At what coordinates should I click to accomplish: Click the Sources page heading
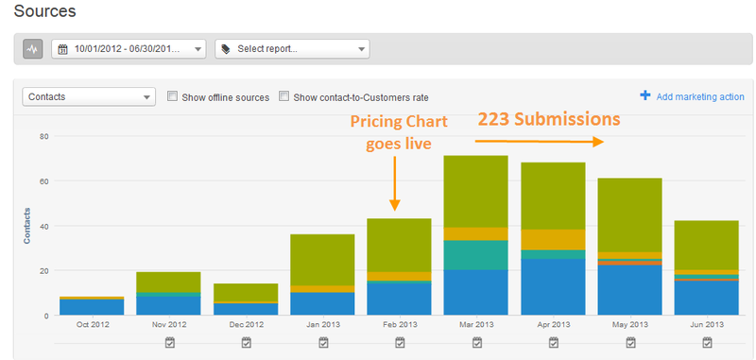[x=45, y=12]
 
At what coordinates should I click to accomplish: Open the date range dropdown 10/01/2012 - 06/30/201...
[x=129, y=49]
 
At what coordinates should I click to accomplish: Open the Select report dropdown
[x=292, y=49]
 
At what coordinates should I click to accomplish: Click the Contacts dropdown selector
[x=90, y=96]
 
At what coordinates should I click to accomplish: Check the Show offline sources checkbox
[x=172, y=96]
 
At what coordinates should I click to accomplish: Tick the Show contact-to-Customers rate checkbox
[x=283, y=96]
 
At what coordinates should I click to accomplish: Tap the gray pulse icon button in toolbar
[x=33, y=49]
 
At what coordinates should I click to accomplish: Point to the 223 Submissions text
[x=548, y=120]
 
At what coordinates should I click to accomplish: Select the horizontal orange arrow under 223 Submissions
[x=538, y=142]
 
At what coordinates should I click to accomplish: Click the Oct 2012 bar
[x=92, y=306]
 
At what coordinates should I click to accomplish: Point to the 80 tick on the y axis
[x=43, y=136]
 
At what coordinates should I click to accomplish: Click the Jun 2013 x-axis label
[x=706, y=324]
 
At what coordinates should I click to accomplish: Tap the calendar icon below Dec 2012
[x=246, y=342]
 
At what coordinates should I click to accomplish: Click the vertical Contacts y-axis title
[x=27, y=226]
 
